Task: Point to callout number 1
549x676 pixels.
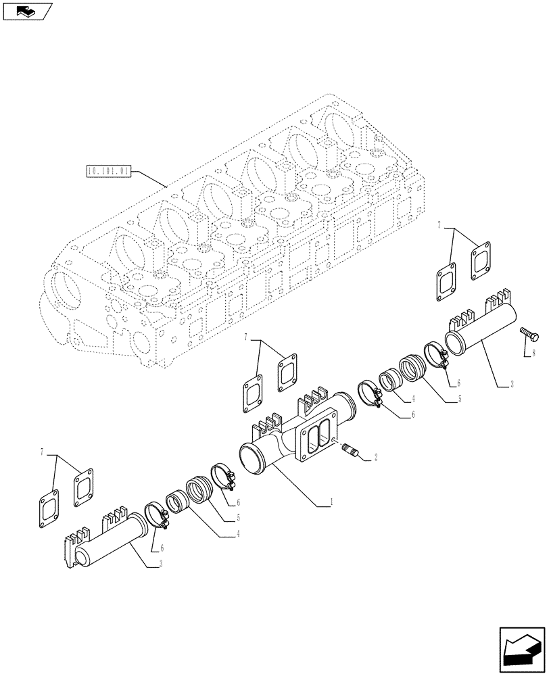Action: pyautogui.click(x=330, y=503)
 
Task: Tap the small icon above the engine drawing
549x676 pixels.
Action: pyautogui.click(x=26, y=11)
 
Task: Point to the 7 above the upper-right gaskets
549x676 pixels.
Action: pyautogui.click(x=439, y=224)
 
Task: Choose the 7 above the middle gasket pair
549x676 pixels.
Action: pyautogui.click(x=248, y=337)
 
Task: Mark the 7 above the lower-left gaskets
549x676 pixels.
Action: pyautogui.click(x=43, y=451)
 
